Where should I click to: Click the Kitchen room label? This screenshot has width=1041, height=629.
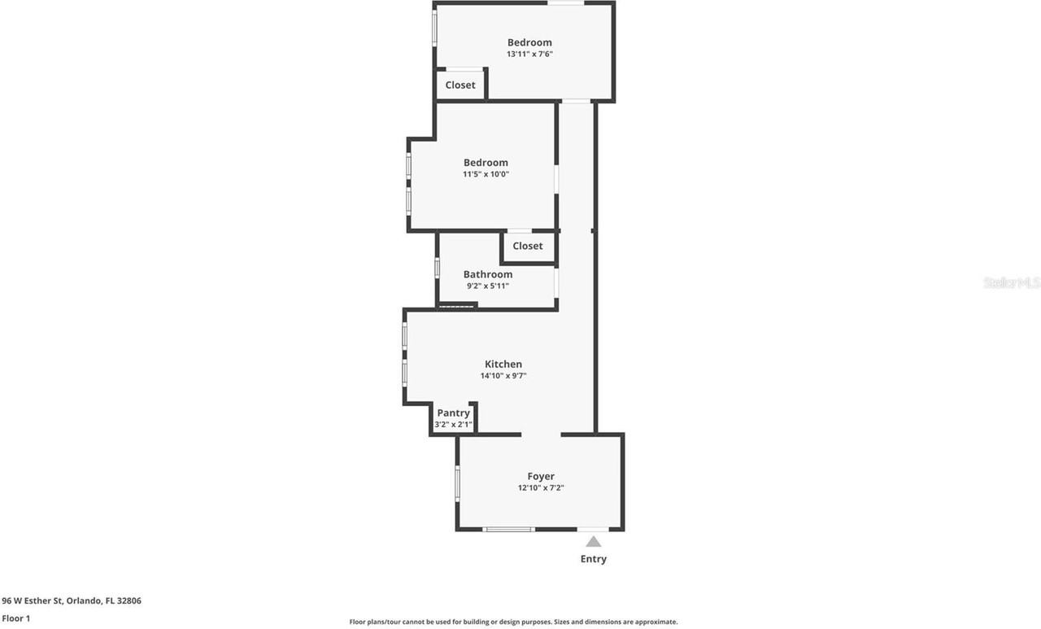(x=503, y=364)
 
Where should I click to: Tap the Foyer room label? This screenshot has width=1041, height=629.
(x=541, y=476)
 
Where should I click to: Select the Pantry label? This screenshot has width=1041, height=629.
(x=453, y=413)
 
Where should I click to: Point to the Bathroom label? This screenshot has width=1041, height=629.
(x=488, y=274)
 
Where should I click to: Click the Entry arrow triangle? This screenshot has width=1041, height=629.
(x=594, y=542)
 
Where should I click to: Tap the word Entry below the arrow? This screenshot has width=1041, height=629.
(x=594, y=559)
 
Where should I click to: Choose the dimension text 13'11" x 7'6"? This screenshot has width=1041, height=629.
(x=529, y=54)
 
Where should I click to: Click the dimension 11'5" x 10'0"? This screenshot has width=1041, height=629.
(x=486, y=174)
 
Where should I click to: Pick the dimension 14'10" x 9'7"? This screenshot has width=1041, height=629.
(x=503, y=376)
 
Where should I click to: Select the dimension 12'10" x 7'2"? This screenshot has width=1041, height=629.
(x=541, y=488)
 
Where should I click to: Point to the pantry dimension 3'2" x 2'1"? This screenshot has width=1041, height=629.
(x=453, y=424)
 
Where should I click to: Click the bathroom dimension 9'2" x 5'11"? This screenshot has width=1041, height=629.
(x=488, y=286)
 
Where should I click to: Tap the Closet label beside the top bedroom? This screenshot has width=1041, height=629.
(x=460, y=85)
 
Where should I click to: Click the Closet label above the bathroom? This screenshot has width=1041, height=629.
(x=528, y=246)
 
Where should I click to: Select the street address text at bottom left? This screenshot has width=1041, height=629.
(x=72, y=601)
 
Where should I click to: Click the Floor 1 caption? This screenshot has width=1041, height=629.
(x=16, y=618)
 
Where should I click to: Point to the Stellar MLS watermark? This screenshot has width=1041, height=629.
(x=1011, y=282)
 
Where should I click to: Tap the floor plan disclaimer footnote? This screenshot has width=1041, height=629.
(x=513, y=622)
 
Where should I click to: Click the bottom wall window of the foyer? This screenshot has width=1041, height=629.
(x=509, y=530)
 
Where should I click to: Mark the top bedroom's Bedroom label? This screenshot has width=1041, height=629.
(x=529, y=42)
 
